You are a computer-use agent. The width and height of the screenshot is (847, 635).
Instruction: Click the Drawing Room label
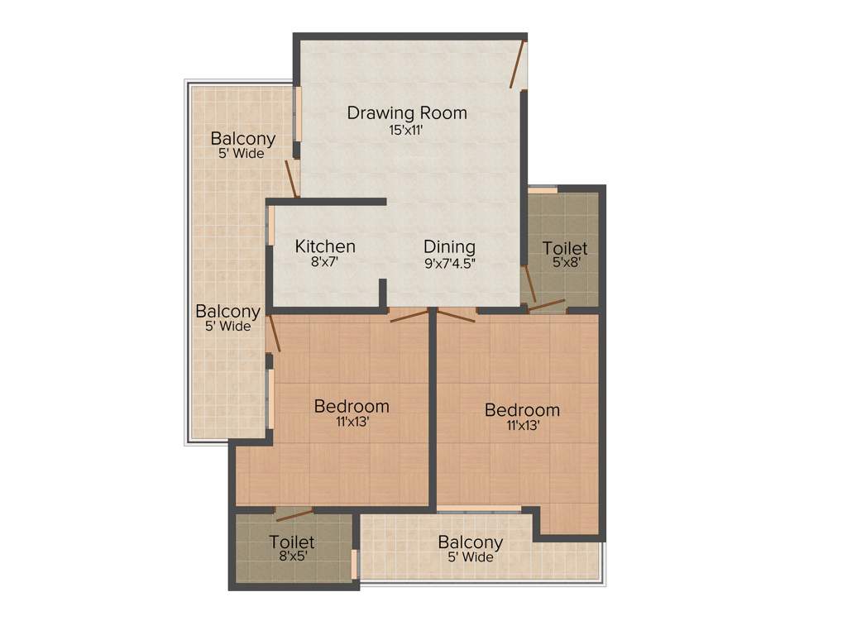pyautogui.click(x=406, y=112)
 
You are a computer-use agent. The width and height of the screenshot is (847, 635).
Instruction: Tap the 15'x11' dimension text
pyautogui.click(x=406, y=130)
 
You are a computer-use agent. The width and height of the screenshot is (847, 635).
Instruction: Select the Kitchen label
pyautogui.click(x=325, y=246)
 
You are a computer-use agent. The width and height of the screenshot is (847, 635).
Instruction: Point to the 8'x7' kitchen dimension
pyautogui.click(x=325, y=264)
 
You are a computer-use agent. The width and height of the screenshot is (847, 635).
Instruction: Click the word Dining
pyautogui.click(x=449, y=246)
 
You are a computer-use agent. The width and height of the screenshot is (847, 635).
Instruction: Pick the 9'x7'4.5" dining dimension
pyautogui.click(x=449, y=265)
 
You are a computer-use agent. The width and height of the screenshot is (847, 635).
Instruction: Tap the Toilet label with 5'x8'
pyautogui.click(x=565, y=248)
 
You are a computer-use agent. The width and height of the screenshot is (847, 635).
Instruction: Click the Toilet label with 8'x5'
pyautogui.click(x=291, y=542)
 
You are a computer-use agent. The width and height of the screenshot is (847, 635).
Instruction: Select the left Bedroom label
pyautogui.click(x=352, y=406)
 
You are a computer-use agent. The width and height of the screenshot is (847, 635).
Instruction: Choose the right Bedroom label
pyautogui.click(x=522, y=409)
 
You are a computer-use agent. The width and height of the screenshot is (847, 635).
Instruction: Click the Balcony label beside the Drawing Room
pyautogui.click(x=242, y=138)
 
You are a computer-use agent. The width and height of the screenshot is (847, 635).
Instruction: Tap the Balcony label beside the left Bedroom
pyautogui.click(x=227, y=312)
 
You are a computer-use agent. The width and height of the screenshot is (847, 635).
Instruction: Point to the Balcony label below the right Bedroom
pyautogui.click(x=470, y=542)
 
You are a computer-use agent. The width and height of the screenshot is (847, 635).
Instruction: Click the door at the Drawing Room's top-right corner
pyautogui.click(x=518, y=64)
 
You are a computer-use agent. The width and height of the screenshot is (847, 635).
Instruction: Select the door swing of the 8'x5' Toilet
pyautogui.click(x=294, y=514)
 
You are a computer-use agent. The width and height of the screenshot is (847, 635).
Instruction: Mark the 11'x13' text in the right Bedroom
pyautogui.click(x=522, y=426)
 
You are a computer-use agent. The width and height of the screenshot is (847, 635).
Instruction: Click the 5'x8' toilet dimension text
pyautogui.click(x=565, y=265)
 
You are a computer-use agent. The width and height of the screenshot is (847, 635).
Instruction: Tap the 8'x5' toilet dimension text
pyautogui.click(x=291, y=557)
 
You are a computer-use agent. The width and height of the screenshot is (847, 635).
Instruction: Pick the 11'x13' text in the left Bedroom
pyautogui.click(x=352, y=422)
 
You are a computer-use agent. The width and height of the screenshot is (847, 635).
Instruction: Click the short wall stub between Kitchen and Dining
pyautogui.click(x=383, y=293)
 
